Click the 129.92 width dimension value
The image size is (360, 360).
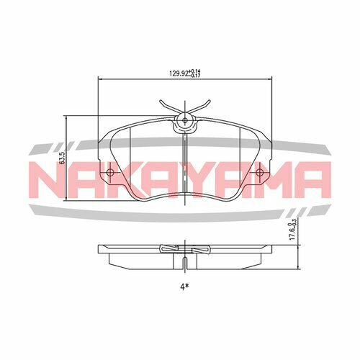click(177, 72)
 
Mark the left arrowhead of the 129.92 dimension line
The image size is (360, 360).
click(99, 79)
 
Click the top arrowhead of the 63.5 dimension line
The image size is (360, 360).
click(67, 118)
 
